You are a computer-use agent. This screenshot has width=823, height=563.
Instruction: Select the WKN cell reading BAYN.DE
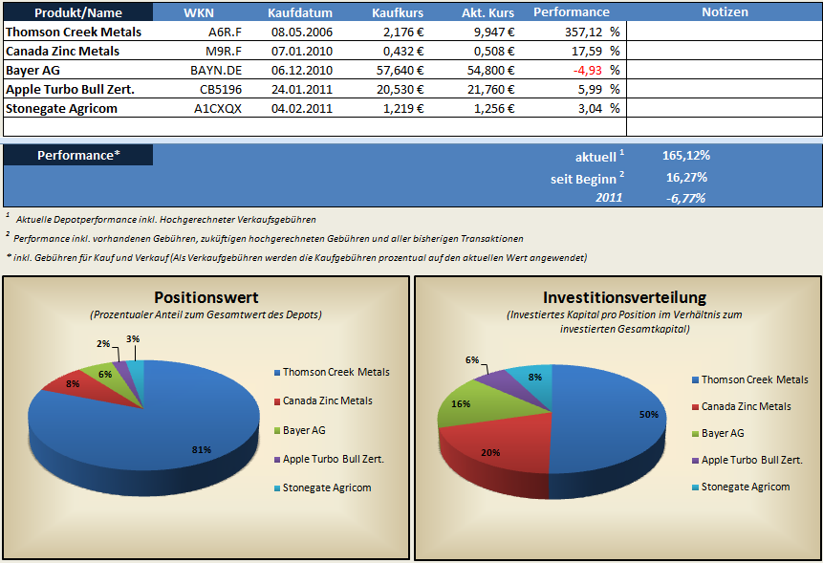[x=217, y=70]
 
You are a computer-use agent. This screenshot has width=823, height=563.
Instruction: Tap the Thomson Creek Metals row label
[x=74, y=32]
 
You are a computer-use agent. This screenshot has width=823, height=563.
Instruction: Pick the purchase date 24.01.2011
[x=301, y=89]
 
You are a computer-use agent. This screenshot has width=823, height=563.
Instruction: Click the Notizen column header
[x=725, y=12]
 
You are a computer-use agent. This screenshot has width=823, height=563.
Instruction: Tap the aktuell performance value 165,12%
[x=686, y=156]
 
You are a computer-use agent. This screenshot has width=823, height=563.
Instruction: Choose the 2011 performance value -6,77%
[x=686, y=198]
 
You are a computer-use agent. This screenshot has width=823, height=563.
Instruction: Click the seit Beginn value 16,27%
[x=686, y=177]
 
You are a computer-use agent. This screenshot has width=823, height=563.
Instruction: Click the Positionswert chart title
[x=206, y=297]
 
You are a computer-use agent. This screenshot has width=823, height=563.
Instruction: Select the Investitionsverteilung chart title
[x=624, y=297]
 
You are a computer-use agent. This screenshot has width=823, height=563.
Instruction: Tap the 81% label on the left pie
[x=201, y=450]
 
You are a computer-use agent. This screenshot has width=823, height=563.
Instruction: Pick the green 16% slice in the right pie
[x=462, y=404]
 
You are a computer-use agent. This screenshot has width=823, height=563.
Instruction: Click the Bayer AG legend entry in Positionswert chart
[x=304, y=430]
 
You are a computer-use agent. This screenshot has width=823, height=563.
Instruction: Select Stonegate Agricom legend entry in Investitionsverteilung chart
[x=745, y=487]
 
